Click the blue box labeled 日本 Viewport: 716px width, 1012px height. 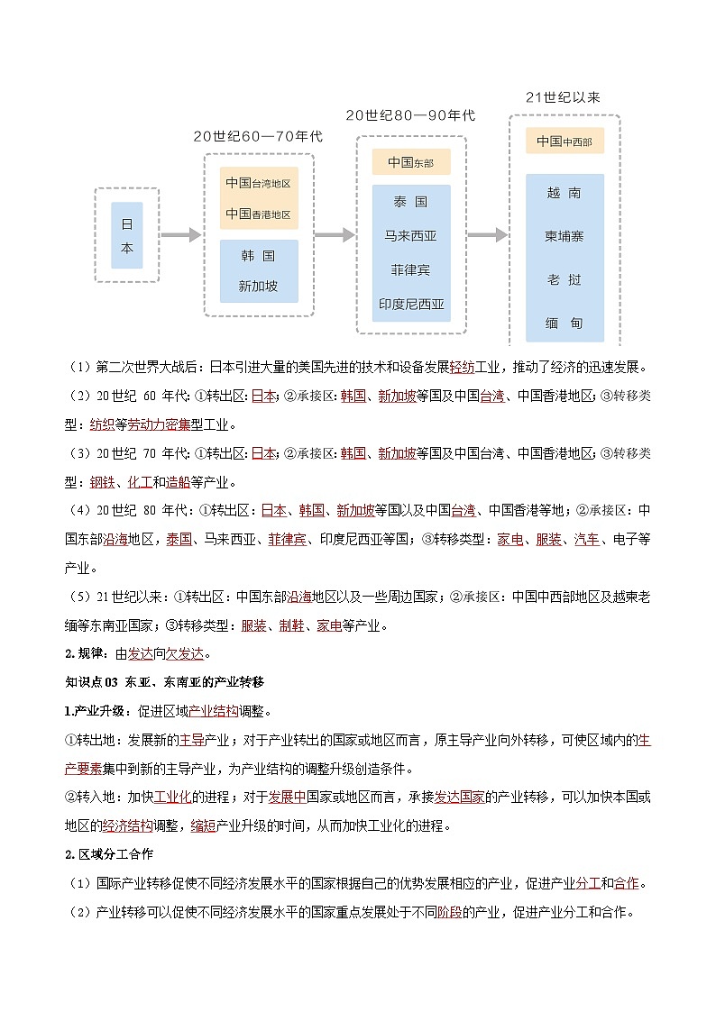127,235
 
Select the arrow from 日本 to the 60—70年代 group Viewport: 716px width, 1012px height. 180,235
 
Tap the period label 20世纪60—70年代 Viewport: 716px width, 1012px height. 257,136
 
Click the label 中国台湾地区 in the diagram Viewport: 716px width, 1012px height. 258,183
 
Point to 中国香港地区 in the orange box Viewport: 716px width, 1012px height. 258,214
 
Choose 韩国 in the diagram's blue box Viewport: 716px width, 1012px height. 258,256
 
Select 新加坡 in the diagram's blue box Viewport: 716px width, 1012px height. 258,287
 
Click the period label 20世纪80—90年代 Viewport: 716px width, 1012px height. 410,115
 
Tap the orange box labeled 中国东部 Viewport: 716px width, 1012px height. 410,163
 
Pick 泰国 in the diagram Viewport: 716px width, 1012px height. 410,202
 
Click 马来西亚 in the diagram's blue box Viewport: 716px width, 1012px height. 410,236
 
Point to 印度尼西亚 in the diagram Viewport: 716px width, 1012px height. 410,305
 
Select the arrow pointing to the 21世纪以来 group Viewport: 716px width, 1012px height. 487,235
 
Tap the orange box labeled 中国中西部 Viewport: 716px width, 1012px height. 565,141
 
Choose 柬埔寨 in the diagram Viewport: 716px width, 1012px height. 565,236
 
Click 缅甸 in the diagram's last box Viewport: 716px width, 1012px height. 565,322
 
